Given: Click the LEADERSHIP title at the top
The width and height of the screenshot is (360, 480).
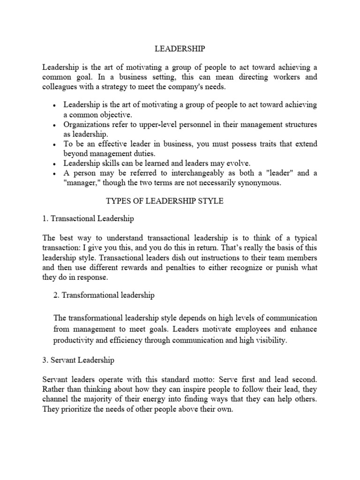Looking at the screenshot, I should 180,48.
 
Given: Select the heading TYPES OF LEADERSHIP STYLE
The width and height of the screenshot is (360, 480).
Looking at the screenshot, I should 165,201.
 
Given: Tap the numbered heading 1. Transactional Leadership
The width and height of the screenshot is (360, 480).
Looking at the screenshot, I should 88,218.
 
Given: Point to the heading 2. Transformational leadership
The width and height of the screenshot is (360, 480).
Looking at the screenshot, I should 104,295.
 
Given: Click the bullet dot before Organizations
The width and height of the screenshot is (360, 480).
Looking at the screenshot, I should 55,125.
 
